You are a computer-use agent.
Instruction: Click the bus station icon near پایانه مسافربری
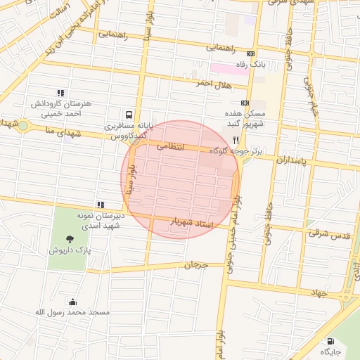pos(129,114)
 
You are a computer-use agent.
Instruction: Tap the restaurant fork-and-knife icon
pos(236,140)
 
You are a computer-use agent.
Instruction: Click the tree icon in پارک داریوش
pos(68,240)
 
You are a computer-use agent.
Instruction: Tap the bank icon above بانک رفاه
pos(250,54)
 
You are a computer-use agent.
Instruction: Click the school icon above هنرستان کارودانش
pos(60,93)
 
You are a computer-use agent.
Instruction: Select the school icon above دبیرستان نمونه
pos(101,205)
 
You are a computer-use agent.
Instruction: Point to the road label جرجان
pos(197,265)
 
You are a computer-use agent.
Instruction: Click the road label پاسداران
pos(292,160)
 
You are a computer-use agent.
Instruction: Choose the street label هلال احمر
pos(213,84)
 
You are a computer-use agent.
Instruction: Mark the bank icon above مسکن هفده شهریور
pos(244,103)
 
